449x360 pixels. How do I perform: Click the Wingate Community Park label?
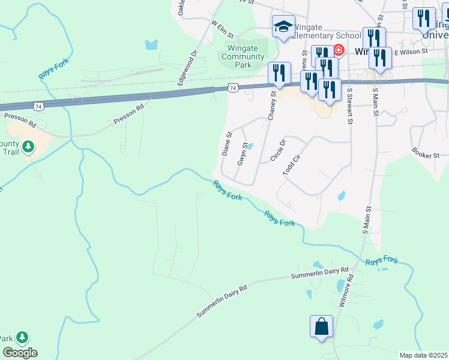(243, 57)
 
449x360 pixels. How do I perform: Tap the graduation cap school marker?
(283, 27)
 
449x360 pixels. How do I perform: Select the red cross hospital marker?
(339, 50)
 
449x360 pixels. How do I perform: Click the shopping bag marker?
(321, 327)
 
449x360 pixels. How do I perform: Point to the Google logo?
(20, 353)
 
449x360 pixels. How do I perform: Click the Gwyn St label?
(243, 154)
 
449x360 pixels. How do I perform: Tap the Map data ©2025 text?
(423, 355)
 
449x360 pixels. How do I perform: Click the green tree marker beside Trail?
(28, 146)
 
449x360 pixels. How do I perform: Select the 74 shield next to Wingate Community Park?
(234, 88)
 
